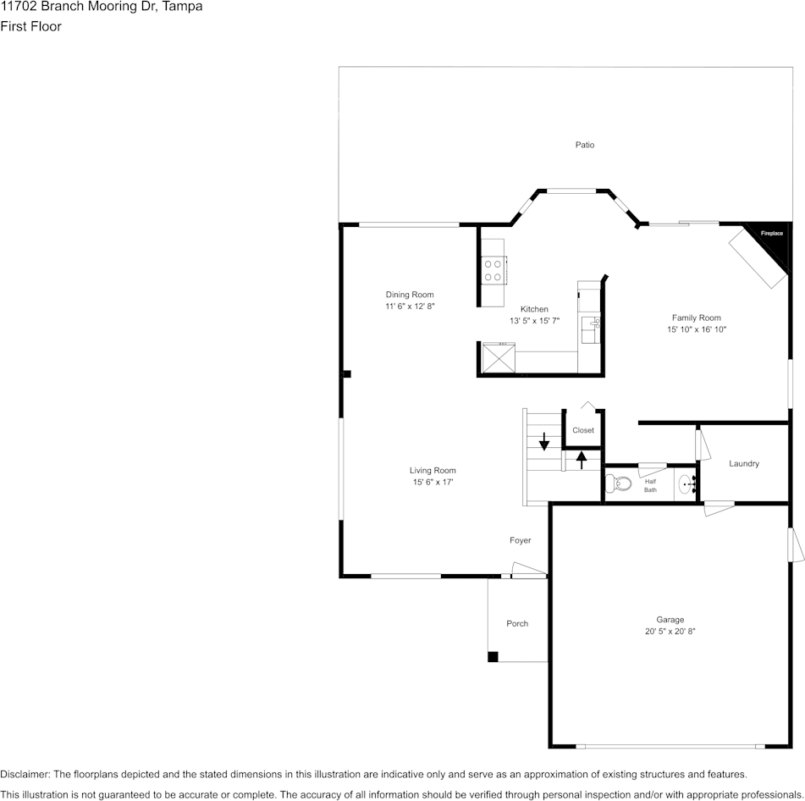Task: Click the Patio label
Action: click(585, 145)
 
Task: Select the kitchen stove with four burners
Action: click(493, 270)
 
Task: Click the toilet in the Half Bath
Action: click(618, 483)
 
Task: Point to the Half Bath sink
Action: click(686, 484)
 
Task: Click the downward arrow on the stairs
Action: click(543, 441)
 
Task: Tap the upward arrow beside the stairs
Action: click(582, 460)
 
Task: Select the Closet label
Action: click(583, 430)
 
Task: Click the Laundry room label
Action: click(744, 464)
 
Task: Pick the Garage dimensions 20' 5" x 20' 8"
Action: click(670, 632)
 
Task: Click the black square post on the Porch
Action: click(493, 657)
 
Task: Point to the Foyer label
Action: click(520, 540)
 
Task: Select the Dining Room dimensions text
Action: click(411, 306)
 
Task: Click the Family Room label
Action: click(696, 318)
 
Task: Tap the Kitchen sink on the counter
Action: click(590, 330)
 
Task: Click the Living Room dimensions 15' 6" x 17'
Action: click(433, 482)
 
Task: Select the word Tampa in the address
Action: click(182, 7)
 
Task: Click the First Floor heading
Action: click(30, 26)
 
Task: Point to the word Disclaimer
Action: click(25, 774)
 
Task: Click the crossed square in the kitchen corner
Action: click(498, 358)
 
